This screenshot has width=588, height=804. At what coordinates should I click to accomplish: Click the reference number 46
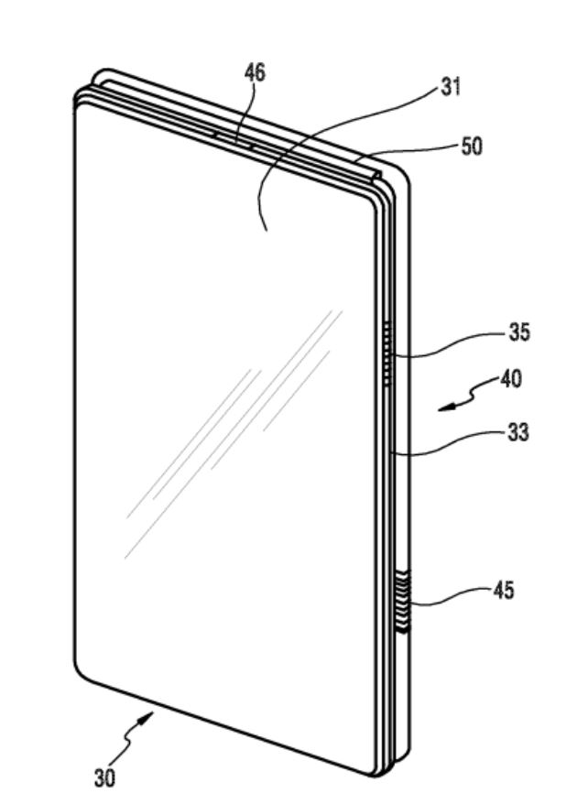[255, 74]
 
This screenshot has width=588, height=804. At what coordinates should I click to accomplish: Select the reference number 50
[472, 147]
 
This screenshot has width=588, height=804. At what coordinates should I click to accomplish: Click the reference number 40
[510, 378]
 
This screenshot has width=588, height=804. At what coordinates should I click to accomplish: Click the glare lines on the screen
[229, 440]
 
